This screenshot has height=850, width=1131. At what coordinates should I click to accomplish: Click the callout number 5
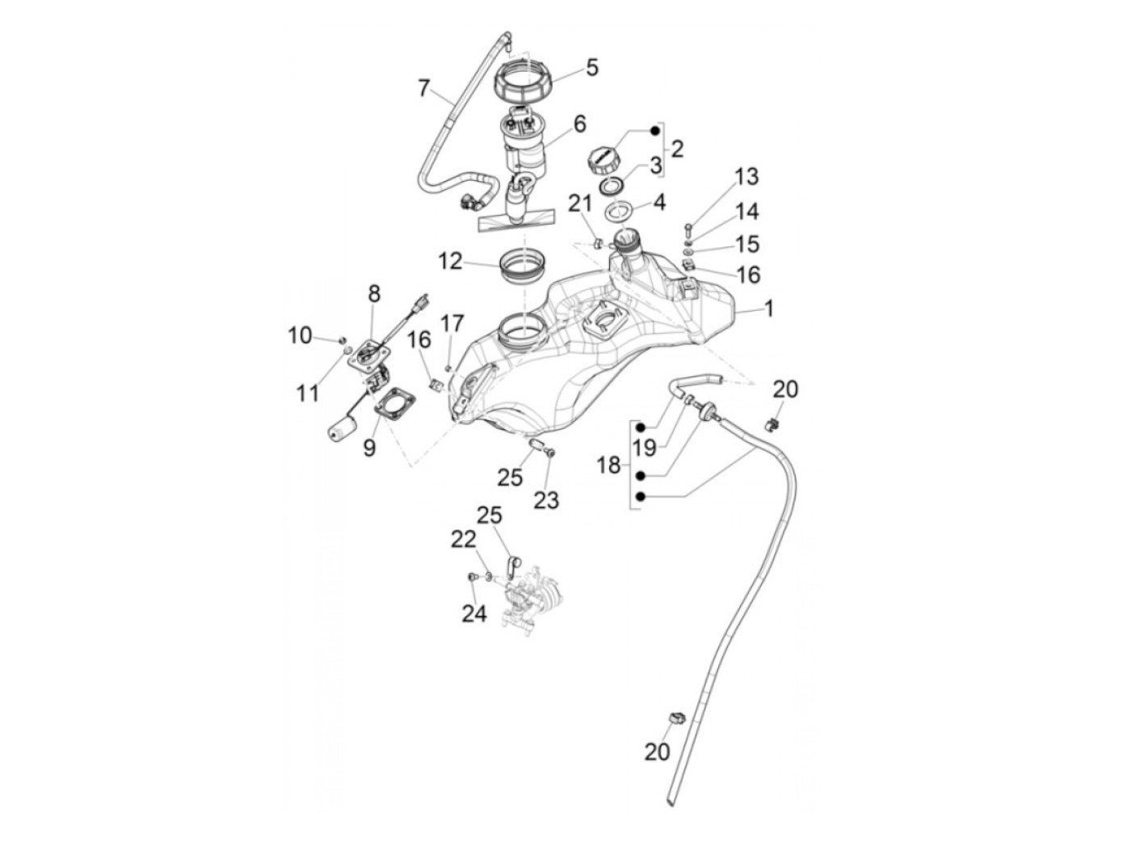[x=592, y=68]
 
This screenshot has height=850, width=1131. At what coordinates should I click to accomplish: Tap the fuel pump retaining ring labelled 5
[x=523, y=83]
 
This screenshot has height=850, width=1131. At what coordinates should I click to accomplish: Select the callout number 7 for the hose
[x=423, y=88]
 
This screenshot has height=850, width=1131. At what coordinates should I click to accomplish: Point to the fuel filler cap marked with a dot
[x=602, y=160]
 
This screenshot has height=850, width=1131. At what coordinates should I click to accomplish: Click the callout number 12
[x=450, y=262]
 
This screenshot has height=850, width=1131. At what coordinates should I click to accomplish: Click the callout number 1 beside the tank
[x=769, y=309]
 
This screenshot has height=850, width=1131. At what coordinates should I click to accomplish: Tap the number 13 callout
[x=746, y=177]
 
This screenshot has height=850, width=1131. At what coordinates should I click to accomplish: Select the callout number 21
[x=580, y=204]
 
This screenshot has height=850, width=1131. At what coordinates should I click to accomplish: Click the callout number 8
[x=374, y=293]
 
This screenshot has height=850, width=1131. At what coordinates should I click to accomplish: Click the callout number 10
[x=300, y=336]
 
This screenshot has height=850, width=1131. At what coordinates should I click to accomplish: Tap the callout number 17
[x=452, y=324]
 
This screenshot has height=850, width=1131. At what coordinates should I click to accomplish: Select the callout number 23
[x=546, y=499]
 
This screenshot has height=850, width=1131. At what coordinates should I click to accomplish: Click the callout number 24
[x=474, y=613]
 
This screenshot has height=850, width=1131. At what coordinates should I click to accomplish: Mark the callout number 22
[x=463, y=540]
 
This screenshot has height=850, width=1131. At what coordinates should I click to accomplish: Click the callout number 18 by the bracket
[x=608, y=465]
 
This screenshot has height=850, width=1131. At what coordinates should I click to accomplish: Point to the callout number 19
[x=644, y=448]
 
